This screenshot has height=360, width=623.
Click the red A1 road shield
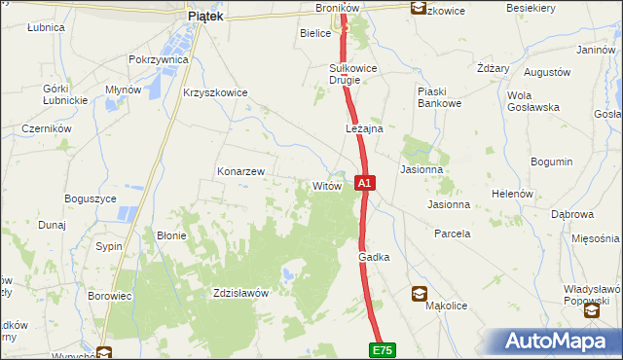click(x=364, y=182)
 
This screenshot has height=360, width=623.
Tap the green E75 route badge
click(x=382, y=348)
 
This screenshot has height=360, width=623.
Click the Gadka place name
click(x=374, y=257)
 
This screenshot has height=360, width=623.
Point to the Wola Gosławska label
click(x=532, y=101)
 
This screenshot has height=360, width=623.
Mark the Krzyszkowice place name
click(x=215, y=92)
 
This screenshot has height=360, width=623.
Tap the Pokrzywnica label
click(x=158, y=59)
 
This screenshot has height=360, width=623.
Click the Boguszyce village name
click(x=91, y=198)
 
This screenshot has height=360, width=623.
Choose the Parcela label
click(x=452, y=234)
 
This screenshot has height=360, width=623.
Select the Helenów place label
click(x=511, y=194)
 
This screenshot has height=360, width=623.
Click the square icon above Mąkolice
click(x=419, y=292)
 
